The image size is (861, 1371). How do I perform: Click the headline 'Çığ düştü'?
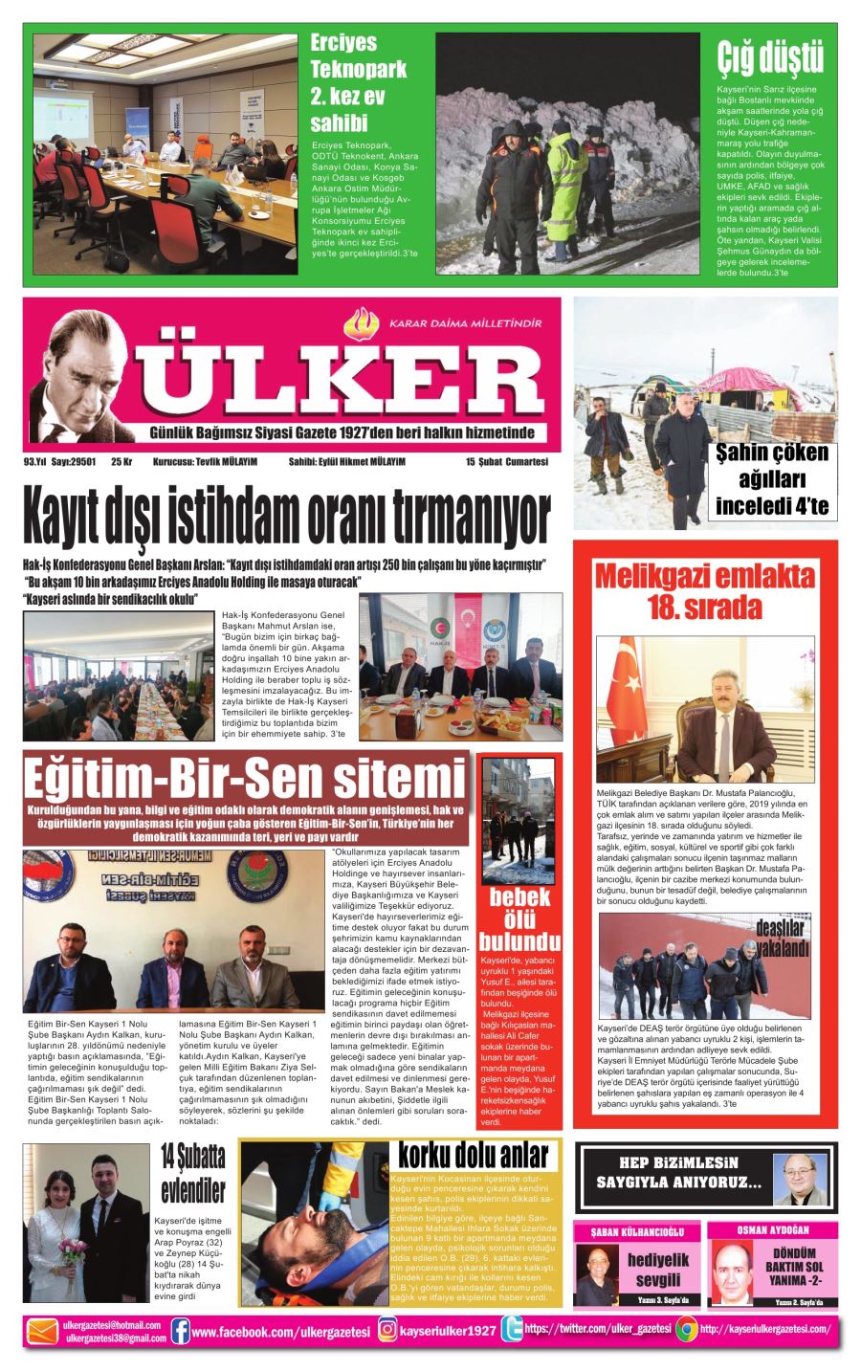click(769, 58)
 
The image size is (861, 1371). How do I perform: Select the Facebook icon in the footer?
click(180, 1330)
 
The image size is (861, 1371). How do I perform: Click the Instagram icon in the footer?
click(387, 1330)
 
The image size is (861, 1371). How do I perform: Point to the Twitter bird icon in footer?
click(511, 1330)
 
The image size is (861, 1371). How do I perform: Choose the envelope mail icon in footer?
click(42, 1331)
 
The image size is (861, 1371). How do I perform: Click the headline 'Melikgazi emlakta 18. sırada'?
click(704, 591)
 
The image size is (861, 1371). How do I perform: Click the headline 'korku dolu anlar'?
click(475, 1156)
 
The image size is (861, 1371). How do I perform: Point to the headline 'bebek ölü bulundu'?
click(519, 917)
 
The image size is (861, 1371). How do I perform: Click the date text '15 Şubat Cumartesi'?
click(507, 461)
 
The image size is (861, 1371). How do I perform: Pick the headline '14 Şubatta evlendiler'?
click(192, 1174)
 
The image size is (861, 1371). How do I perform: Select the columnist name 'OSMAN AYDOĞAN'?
click(773, 1229)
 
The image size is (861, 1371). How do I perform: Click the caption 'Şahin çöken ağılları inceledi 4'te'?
click(772, 479)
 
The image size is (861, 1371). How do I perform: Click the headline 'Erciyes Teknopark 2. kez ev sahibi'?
click(358, 82)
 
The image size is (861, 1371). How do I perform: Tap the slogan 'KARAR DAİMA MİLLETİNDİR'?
click(465, 323)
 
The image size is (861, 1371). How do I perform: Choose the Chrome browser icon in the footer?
click(685, 1330)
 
